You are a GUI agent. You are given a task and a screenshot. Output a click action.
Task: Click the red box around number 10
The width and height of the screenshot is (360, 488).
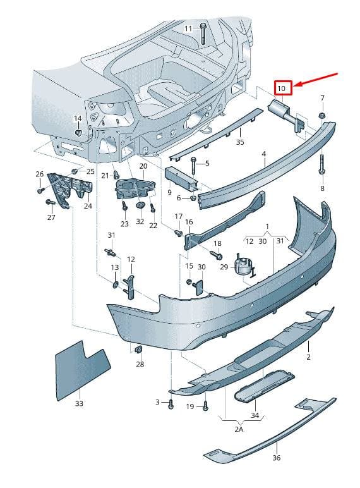(x=283, y=88)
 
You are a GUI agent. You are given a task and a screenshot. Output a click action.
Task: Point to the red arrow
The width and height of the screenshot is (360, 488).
(x=316, y=80)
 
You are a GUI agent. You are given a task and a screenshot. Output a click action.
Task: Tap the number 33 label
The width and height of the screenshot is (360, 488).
(x=80, y=403)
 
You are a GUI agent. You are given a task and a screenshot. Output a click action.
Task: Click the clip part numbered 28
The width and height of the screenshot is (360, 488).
(x=139, y=349)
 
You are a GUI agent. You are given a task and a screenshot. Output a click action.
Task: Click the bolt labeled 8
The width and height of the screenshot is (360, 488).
(x=321, y=164)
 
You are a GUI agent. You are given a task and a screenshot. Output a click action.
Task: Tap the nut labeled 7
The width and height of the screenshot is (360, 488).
(x=322, y=116)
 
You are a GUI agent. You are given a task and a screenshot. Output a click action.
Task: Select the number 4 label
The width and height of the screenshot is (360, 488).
(x=263, y=154)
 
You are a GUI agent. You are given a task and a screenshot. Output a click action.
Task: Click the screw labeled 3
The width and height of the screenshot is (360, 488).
(x=171, y=404)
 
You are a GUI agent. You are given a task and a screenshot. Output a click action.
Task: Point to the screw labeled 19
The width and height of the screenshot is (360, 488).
(x=205, y=406)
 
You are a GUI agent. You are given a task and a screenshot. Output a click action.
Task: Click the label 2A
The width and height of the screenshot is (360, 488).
(x=239, y=429)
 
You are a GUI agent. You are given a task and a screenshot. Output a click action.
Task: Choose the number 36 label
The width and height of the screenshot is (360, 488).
(x=277, y=458)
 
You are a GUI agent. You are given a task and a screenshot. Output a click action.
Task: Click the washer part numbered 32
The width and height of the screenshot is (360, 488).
(x=140, y=205)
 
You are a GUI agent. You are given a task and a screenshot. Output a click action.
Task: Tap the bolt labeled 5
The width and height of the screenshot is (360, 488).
(x=193, y=164)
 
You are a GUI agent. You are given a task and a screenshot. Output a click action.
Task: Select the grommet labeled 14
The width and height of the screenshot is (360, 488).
(x=78, y=133)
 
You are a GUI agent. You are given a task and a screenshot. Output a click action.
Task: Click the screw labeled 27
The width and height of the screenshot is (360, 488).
(x=49, y=202)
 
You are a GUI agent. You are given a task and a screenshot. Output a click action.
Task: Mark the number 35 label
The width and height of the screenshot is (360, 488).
(x=240, y=142)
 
